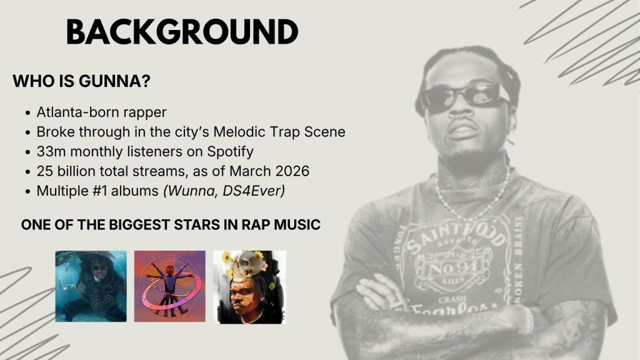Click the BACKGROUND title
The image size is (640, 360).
pyautogui.click(x=182, y=32)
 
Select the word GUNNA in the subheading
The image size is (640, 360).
pyautogui.click(x=114, y=81)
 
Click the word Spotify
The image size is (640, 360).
pyautogui.click(x=230, y=151)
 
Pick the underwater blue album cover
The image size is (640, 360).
pyautogui.click(x=91, y=286)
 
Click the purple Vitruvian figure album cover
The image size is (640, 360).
pyautogui.click(x=170, y=286)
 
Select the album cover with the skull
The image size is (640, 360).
pyautogui.click(x=249, y=287)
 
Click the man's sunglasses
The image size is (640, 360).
pyautogui.click(x=464, y=97)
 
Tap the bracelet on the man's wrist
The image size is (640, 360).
pyautogui.click(x=529, y=321)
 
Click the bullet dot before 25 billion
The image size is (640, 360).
pyautogui.click(x=27, y=172)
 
